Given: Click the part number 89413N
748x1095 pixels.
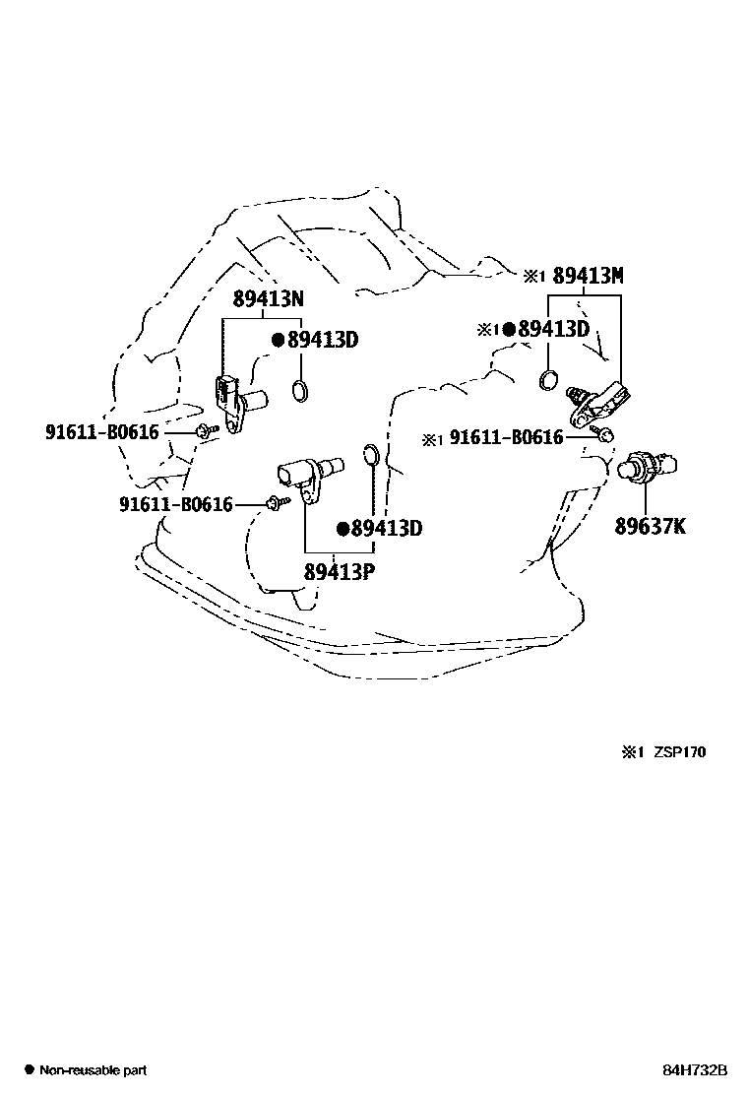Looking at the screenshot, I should coord(269,299).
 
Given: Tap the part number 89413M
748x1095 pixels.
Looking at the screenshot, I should coord(588,277).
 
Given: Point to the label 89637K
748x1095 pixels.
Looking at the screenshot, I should coord(651,527).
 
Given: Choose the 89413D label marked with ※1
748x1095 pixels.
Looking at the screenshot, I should coord(553,329).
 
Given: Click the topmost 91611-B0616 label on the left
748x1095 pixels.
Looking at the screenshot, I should coord(101,431).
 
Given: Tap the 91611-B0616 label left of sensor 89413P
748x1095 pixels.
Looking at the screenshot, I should coord(176,504).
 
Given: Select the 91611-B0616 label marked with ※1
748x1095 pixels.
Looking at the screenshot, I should coord(506,438).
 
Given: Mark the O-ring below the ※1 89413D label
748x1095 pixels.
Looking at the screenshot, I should coord(550,380).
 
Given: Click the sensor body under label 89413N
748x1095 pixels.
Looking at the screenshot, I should coord(236,402).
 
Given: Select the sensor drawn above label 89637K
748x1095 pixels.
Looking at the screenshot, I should coord(651,465).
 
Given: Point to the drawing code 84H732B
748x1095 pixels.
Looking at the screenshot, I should coord(694,1069).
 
